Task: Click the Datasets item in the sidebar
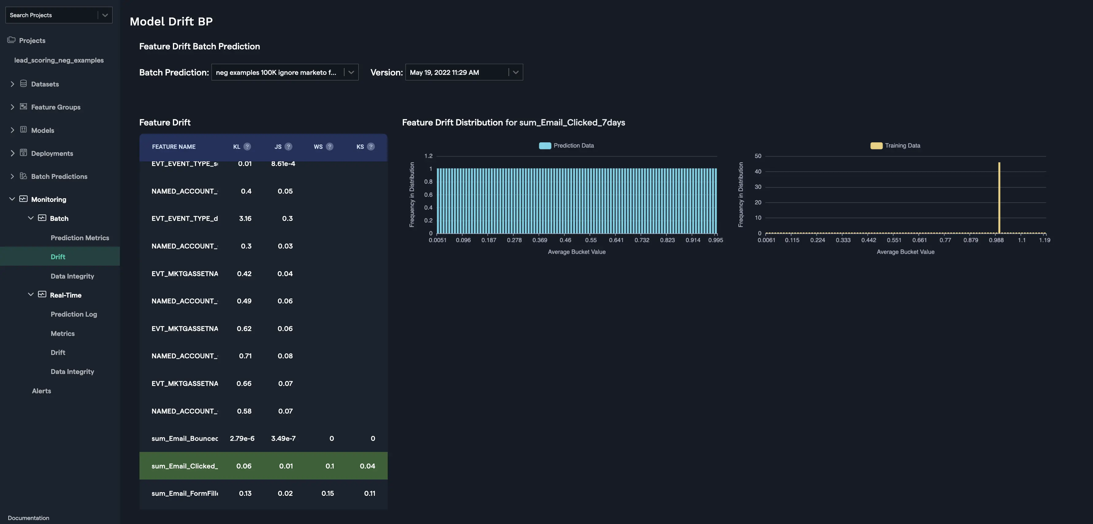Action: [44, 84]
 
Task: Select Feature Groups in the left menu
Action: [55, 107]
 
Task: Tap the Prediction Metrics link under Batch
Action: [80, 238]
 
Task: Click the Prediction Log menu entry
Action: [74, 314]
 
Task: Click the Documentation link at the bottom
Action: [29, 518]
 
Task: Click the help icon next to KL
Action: [247, 147]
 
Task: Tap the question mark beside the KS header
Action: [371, 147]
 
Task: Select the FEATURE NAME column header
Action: [173, 147]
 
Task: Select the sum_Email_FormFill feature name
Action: [185, 493]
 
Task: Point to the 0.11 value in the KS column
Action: [370, 493]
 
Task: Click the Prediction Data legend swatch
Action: [545, 146]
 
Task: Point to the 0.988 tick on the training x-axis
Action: [996, 240]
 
